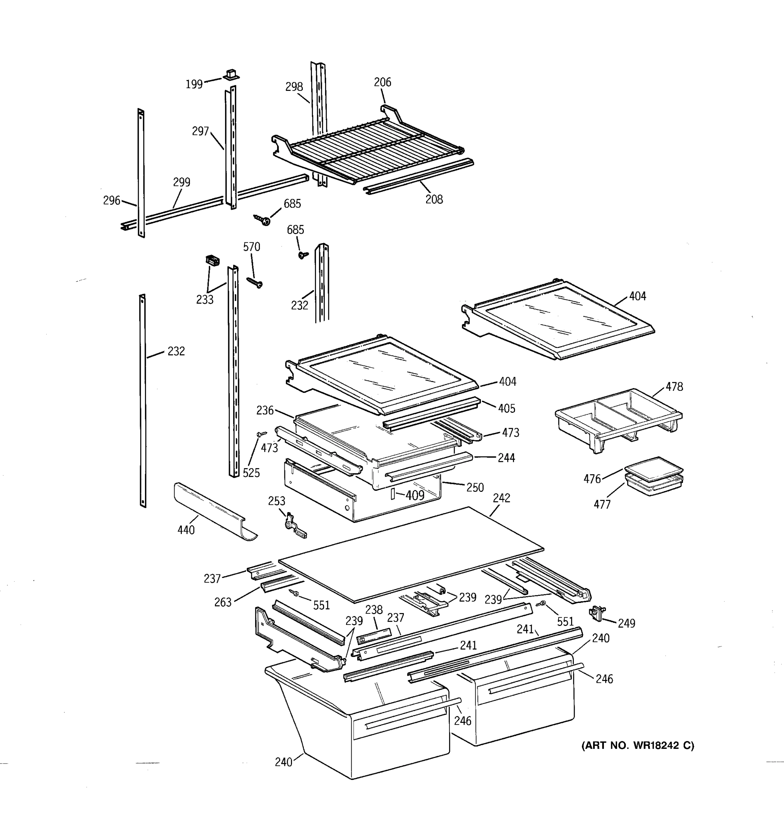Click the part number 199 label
coord(194,85)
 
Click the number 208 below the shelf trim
coord(434,199)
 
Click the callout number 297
coord(201,131)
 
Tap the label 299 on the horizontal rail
coord(182,183)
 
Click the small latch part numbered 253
coord(295,526)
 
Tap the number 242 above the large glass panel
coord(501,498)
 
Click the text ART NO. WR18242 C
coord(638,745)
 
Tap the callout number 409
coord(415,495)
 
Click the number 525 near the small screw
coord(251,473)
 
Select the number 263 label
coord(223,603)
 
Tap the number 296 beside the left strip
coord(112,201)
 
